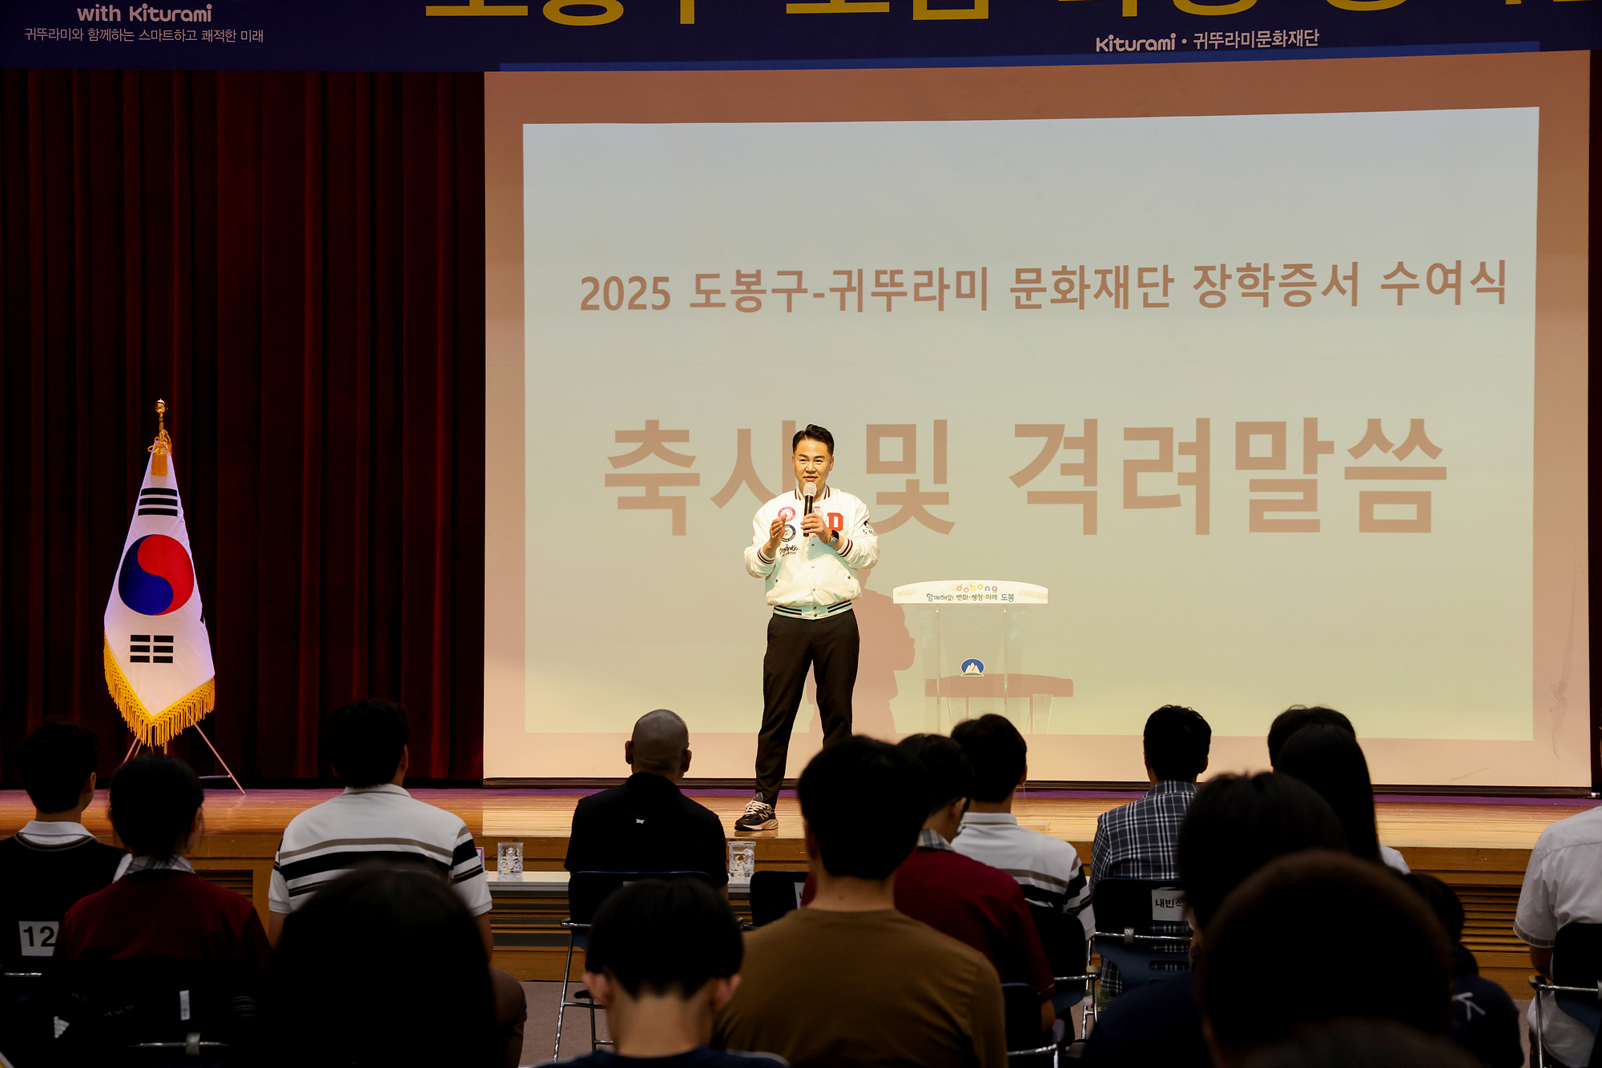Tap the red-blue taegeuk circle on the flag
156,574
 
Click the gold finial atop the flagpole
161,408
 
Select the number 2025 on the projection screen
625,294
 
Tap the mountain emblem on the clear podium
972,667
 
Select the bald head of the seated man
659,741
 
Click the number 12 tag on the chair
38,937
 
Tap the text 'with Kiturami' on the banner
144,14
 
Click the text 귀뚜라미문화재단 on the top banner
1255,39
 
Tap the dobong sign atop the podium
970,592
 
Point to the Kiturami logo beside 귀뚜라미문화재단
1134,42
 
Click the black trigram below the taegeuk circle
151,648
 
